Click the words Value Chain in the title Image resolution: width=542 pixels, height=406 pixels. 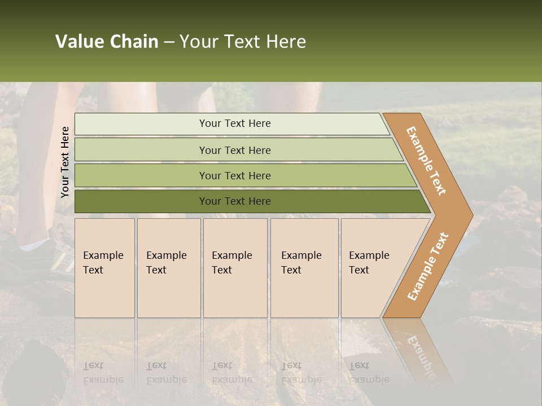[107, 42]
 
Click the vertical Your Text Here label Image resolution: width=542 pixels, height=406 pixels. [65, 162]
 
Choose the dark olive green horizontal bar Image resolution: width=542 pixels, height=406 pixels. [141, 201]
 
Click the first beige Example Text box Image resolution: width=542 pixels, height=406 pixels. [104, 268]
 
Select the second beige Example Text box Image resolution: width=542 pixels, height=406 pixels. [169, 268]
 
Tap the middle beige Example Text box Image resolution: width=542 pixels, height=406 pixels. [235, 268]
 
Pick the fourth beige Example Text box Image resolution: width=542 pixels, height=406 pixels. [304, 268]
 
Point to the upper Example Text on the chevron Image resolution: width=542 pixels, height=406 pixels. [426, 161]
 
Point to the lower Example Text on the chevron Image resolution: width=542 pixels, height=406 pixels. [427, 266]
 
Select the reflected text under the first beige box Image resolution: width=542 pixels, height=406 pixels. [103, 373]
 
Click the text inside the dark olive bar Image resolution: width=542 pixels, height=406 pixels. [235, 201]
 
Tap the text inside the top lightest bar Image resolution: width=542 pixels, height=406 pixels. [235, 123]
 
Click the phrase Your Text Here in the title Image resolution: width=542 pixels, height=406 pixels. [243, 42]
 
